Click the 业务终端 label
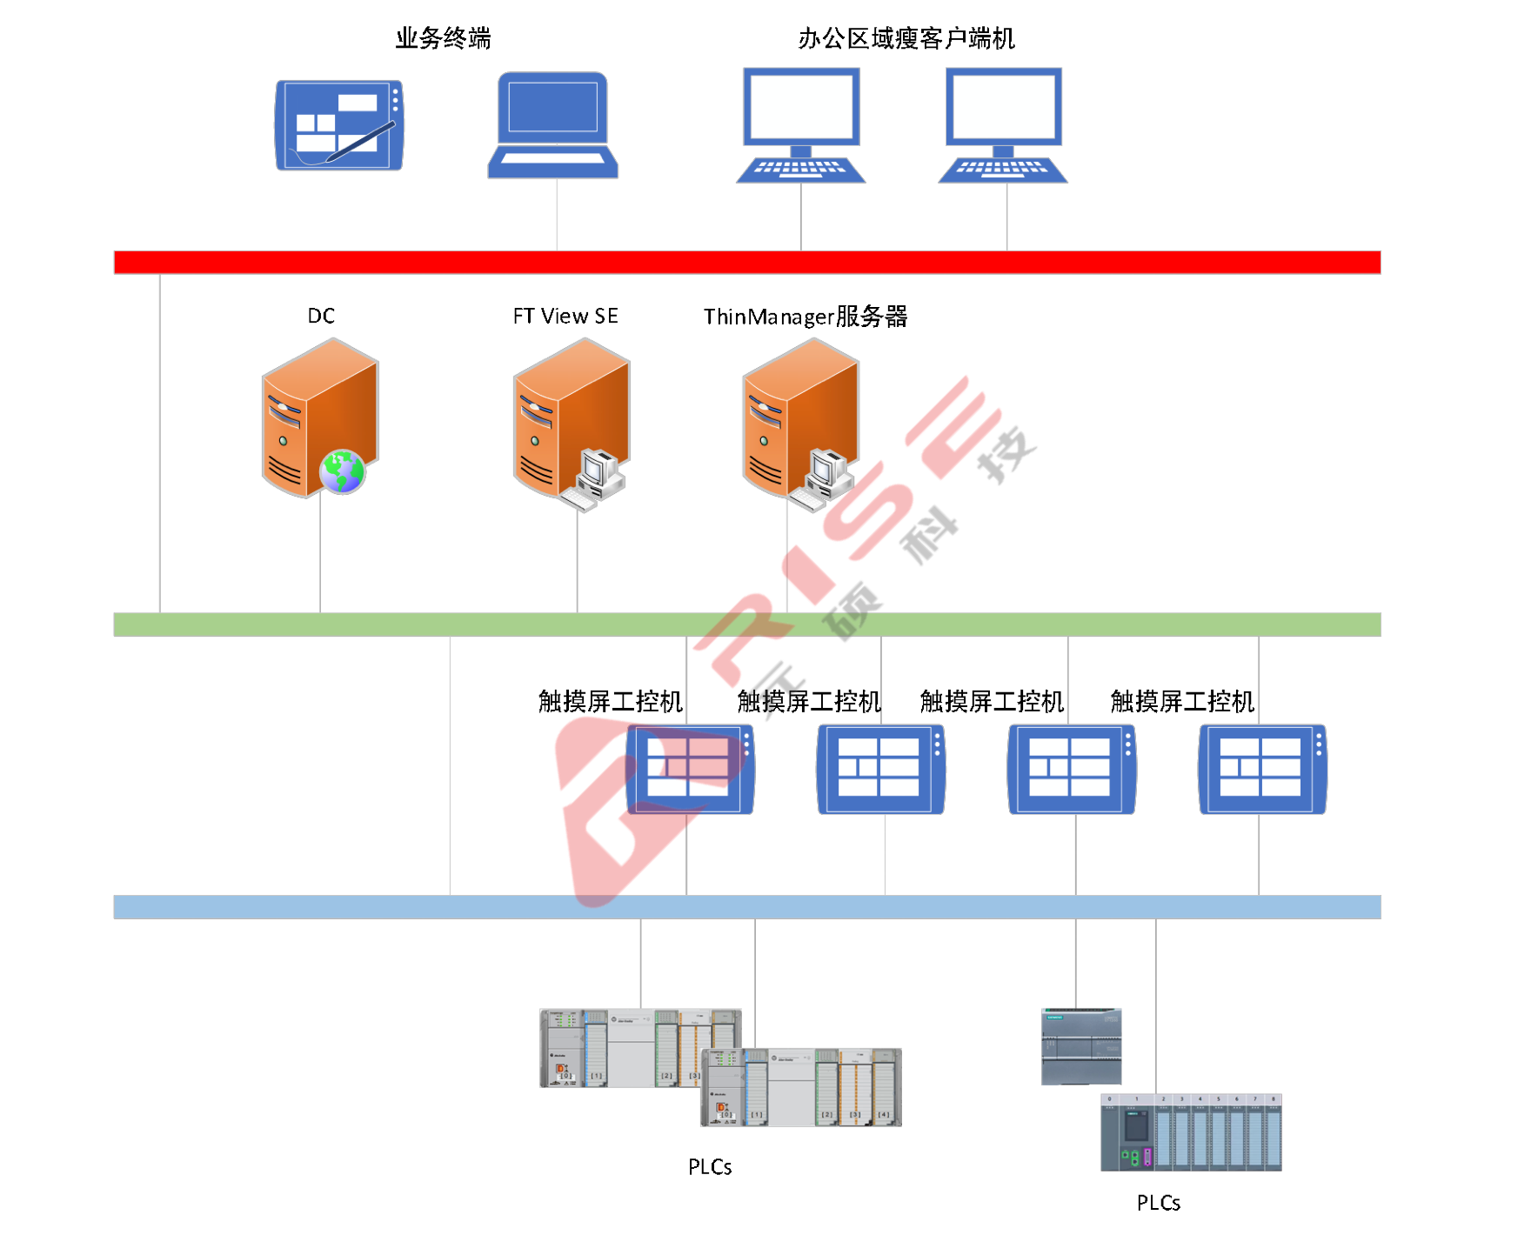(x=443, y=38)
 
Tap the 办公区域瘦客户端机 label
(x=906, y=38)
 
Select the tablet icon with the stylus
(x=339, y=125)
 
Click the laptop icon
(x=553, y=125)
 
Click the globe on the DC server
(x=342, y=471)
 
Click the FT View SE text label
(x=565, y=316)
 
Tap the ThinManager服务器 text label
(x=806, y=317)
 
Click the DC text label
(x=321, y=316)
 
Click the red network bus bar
(x=746, y=262)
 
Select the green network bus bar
(x=746, y=624)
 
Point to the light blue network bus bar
(x=746, y=907)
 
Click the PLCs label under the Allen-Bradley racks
(x=710, y=1167)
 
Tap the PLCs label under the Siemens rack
(x=1158, y=1203)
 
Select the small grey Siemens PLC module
(x=1081, y=1046)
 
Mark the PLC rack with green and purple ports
(x=1191, y=1132)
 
